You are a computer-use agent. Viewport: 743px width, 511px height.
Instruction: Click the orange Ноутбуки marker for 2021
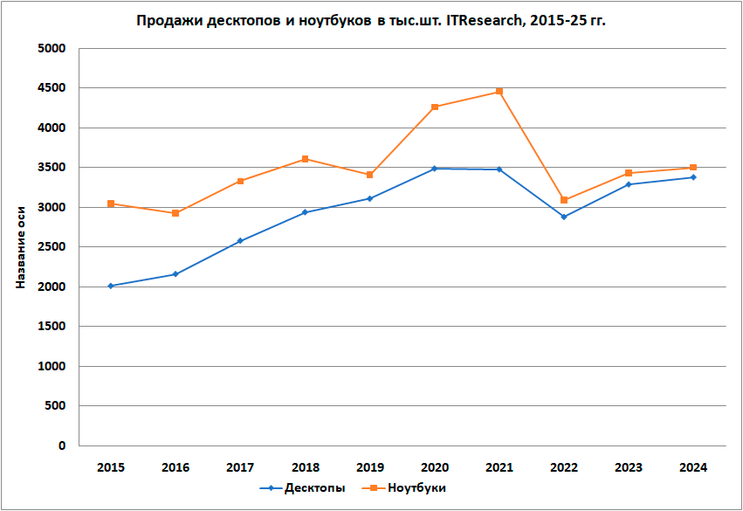pos(499,92)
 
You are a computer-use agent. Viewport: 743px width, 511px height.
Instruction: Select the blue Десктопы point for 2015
pos(111,286)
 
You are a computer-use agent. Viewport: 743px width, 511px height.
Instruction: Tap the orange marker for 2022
pos(564,200)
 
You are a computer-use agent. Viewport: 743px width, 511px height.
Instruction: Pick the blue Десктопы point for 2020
pos(435,169)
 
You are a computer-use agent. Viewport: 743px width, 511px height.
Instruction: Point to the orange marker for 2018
pos(305,159)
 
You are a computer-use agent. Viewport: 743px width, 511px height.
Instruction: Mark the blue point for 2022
pos(564,217)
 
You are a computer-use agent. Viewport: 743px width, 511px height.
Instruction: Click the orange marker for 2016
pos(175,213)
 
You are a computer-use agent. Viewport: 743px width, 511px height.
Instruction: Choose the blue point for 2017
pos(240,241)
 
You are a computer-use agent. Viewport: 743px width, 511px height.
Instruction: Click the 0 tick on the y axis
pos(62,445)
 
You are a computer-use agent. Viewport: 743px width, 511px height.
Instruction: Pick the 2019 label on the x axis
pos(369,467)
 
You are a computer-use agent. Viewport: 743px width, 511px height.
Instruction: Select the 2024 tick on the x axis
pos(693,467)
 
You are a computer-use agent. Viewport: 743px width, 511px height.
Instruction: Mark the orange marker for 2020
pos(435,107)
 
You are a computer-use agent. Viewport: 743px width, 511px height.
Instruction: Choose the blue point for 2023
pos(629,184)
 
